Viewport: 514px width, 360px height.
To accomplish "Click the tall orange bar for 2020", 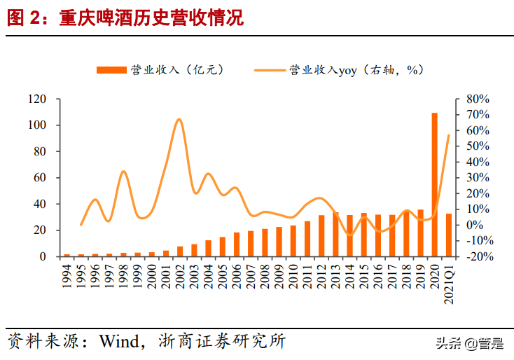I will (434, 184).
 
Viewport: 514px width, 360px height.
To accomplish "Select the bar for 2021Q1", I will (449, 235).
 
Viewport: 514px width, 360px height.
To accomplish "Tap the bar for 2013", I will (335, 234).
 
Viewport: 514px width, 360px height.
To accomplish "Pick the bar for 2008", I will (265, 242).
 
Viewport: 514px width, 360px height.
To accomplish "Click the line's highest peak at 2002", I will (179, 119).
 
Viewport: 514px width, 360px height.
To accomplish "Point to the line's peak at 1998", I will (123, 171).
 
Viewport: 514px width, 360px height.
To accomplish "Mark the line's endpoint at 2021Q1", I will (449, 134).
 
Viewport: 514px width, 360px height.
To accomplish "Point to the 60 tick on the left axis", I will (39, 178).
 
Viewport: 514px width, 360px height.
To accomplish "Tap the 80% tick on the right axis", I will (473, 99).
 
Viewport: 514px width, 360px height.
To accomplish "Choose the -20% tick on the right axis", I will (473, 256).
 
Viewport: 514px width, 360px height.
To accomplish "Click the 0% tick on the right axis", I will (471, 225).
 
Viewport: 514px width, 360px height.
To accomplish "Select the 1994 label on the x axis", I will (67, 275).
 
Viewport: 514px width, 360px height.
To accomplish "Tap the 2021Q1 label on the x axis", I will (449, 280).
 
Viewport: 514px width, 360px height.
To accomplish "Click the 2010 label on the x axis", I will (293, 275).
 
